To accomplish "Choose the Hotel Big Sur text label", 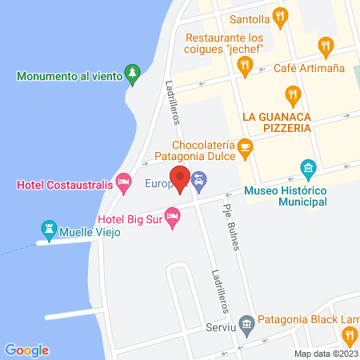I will click(130, 218).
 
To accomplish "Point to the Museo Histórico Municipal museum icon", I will click(307, 167).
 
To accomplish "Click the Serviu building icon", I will click(246, 323).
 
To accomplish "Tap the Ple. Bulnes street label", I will click(232, 228).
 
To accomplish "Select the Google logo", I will click(26, 350).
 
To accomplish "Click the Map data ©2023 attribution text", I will click(326, 354).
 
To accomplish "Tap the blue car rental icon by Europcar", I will click(198, 184).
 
